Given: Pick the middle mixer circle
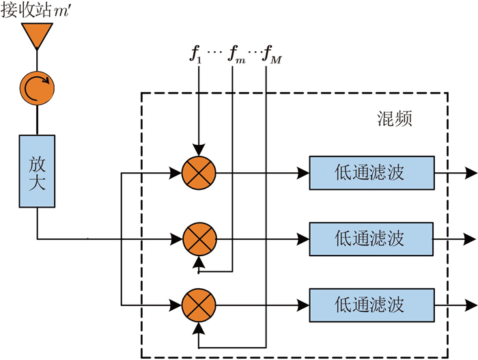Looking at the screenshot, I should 199,239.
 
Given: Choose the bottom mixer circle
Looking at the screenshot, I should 199,305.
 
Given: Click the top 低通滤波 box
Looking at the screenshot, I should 371,173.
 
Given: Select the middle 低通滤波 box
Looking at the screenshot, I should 371,239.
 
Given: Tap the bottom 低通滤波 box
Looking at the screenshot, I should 371,305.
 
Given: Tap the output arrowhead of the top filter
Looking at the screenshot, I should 471,173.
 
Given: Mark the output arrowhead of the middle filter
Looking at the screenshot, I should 471,239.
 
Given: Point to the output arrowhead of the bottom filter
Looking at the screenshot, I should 471,305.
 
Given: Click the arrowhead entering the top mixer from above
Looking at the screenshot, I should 199,151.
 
